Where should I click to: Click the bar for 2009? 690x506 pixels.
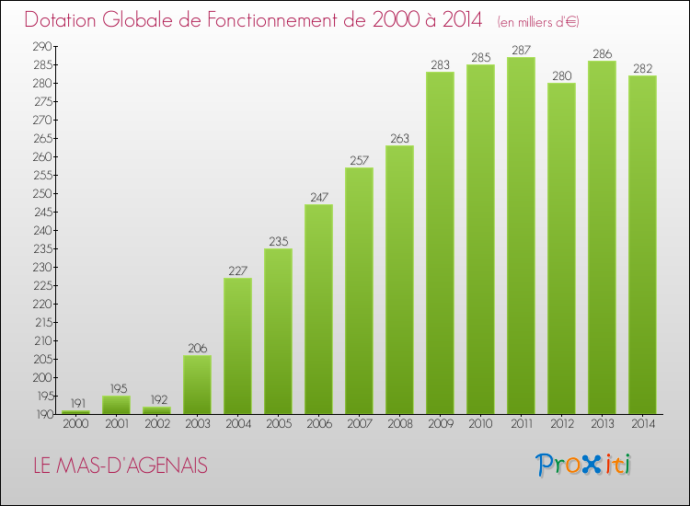[440, 243]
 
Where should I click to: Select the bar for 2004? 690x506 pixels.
[237, 346]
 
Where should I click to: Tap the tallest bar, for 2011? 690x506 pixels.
[521, 236]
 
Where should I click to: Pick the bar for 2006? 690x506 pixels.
[318, 309]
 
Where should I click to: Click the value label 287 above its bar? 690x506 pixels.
[521, 51]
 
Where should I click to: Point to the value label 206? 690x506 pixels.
[197, 349]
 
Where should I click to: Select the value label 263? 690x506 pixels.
[399, 139]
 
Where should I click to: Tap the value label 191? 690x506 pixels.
[75, 404]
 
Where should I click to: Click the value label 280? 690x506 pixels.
[561, 76]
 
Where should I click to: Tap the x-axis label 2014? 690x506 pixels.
[642, 424]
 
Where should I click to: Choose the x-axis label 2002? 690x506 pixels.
[156, 424]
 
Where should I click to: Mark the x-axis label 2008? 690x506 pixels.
[399, 424]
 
